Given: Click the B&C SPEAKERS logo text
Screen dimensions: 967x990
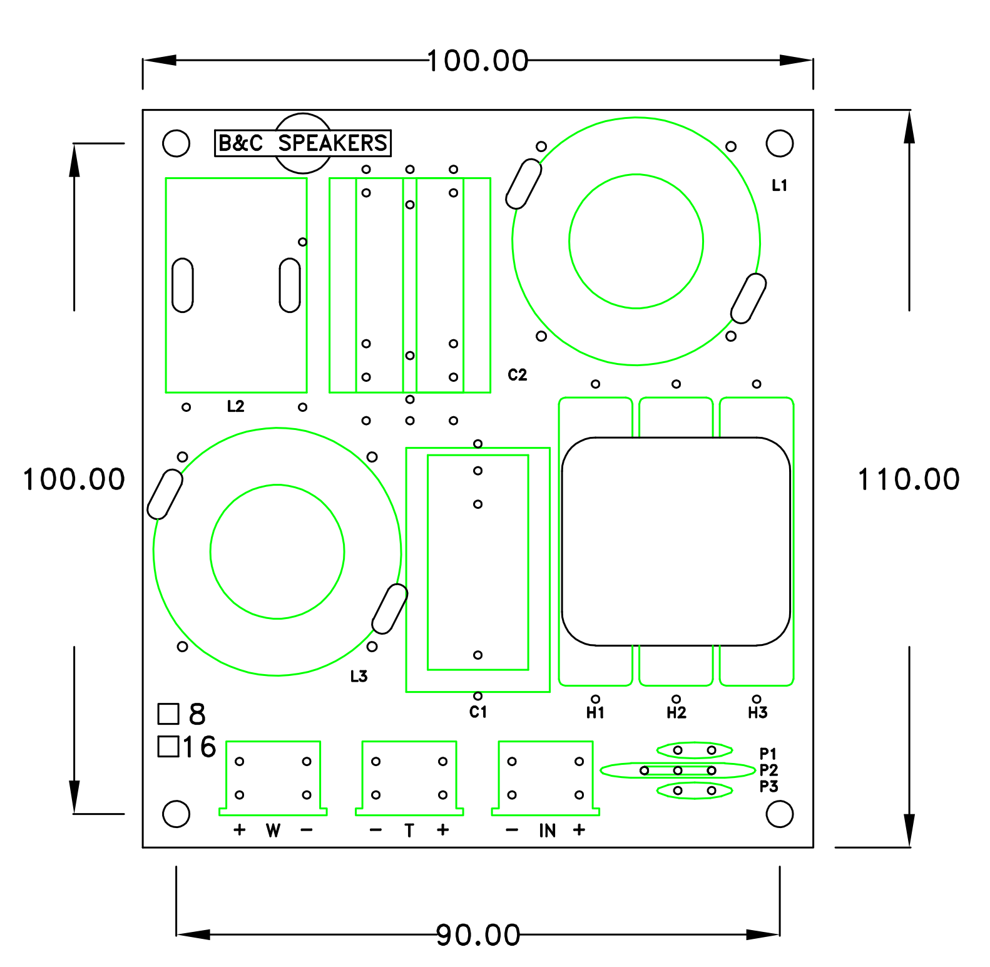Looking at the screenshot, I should click(x=302, y=143).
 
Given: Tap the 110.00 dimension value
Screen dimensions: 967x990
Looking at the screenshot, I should click(x=908, y=479).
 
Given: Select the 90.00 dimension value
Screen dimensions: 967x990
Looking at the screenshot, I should click(x=478, y=935).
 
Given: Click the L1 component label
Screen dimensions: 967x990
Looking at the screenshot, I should click(x=779, y=185).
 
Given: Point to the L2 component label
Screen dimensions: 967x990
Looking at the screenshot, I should click(x=235, y=406).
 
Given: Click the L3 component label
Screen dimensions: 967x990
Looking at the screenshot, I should click(x=359, y=676).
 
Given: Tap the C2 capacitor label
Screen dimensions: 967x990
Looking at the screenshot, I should click(x=518, y=375).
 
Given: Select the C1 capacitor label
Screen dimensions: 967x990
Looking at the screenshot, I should click(x=478, y=712).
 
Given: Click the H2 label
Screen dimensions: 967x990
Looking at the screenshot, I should click(x=676, y=712).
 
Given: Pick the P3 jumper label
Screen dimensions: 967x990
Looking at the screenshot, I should click(x=768, y=786).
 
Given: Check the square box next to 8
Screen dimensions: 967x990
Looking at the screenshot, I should click(x=168, y=714).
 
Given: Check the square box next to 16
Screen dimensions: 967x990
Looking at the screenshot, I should click(x=168, y=746).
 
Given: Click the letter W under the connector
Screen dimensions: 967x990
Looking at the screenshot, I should click(x=273, y=831).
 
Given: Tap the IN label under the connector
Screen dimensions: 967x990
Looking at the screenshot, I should click(x=547, y=831).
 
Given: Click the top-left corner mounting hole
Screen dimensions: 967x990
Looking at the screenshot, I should click(x=176, y=143).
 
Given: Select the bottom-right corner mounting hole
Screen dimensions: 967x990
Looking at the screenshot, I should click(x=779, y=814).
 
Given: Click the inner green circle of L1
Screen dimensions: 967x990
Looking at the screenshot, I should click(x=636, y=241).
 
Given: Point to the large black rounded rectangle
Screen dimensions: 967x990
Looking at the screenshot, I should click(x=676, y=541).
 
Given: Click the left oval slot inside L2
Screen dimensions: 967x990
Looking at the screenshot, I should click(x=183, y=285).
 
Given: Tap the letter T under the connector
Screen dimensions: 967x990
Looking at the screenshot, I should click(x=409, y=831).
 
